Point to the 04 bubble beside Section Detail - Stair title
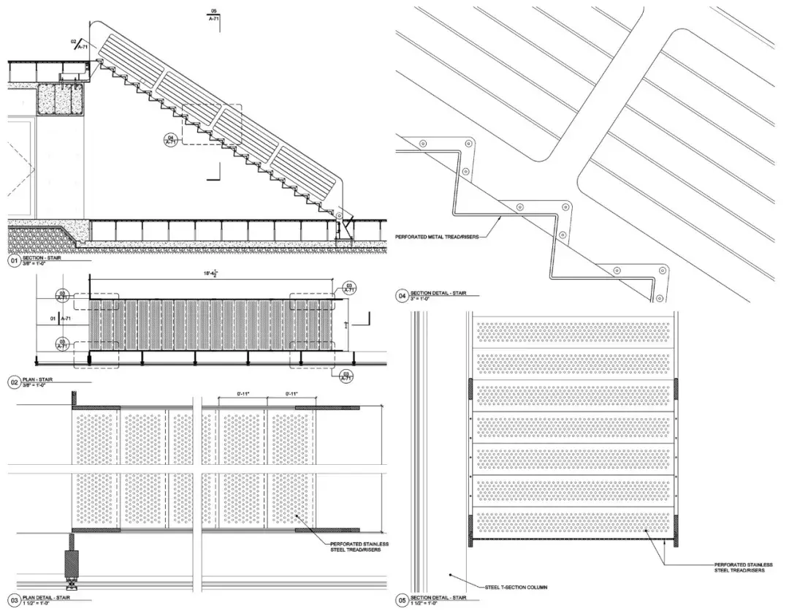(401, 296)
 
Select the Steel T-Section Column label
(515, 586)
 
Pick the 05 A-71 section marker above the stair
(214, 16)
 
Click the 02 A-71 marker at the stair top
(78, 44)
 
